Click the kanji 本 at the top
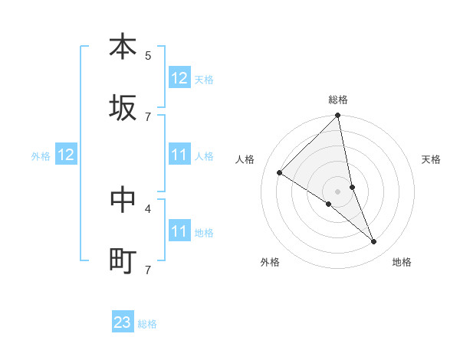123,47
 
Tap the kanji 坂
123,108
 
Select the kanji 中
123,200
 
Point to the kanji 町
123,261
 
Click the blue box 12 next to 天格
179,78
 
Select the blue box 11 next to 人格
179,155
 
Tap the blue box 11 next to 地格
179,231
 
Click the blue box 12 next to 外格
66,155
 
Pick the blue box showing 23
123,322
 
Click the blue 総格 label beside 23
147,324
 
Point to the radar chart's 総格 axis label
338,100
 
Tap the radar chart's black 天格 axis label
431,159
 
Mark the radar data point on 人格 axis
280,173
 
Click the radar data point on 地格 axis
374,242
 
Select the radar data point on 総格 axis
338,116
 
